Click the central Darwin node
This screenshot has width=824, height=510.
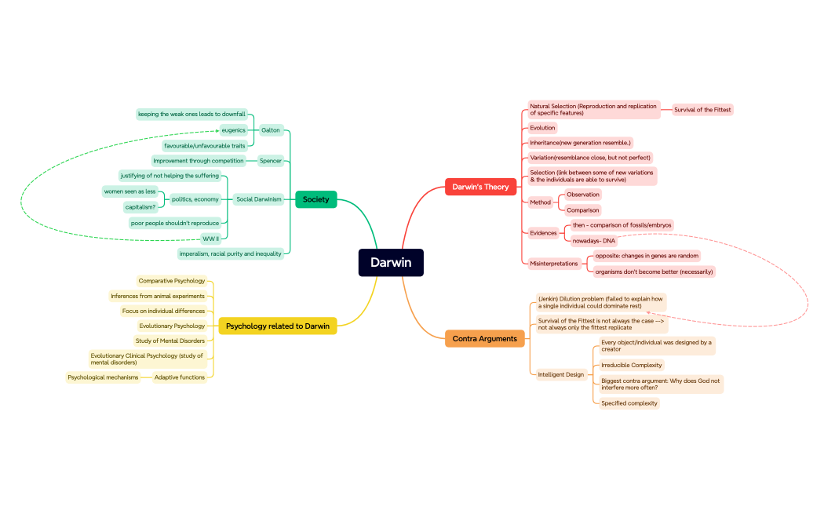click(391, 263)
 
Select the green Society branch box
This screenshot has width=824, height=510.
click(315, 199)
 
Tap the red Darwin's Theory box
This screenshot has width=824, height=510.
click(480, 187)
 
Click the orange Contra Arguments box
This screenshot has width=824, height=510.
click(484, 339)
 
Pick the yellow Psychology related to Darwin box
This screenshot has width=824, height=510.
click(277, 326)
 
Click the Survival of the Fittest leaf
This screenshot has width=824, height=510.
click(702, 110)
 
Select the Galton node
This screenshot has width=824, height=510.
click(270, 130)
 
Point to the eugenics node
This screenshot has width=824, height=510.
click(233, 130)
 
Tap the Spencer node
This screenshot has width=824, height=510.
click(270, 161)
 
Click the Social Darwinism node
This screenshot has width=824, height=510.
click(259, 199)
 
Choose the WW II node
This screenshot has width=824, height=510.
click(210, 239)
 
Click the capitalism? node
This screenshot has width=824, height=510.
click(140, 207)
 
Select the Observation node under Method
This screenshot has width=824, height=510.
click(582, 195)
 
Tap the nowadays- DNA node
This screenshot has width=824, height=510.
click(594, 241)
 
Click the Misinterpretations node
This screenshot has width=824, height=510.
click(553, 264)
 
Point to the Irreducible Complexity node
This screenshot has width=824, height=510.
click(631, 365)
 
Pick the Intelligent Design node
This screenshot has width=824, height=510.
click(560, 374)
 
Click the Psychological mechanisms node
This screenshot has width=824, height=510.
click(103, 377)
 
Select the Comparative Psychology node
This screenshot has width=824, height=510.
click(171, 281)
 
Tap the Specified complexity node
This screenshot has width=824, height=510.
click(629, 403)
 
